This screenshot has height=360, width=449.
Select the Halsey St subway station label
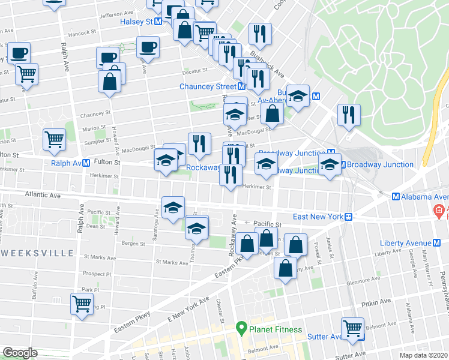(137, 21)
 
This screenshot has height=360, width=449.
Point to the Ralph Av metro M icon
(86, 163)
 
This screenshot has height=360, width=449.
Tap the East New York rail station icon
(348, 217)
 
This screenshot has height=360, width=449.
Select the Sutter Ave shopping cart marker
(352, 328)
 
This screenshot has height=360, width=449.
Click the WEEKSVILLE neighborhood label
(37, 253)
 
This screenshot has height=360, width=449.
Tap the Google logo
(20, 353)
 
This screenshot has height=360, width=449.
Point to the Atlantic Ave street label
(43, 195)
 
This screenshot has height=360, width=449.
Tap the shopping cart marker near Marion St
(54, 139)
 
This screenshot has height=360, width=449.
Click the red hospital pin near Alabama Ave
(439, 211)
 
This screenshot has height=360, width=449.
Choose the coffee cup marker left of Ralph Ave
(19, 52)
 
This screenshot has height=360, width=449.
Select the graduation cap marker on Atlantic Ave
(173, 207)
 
